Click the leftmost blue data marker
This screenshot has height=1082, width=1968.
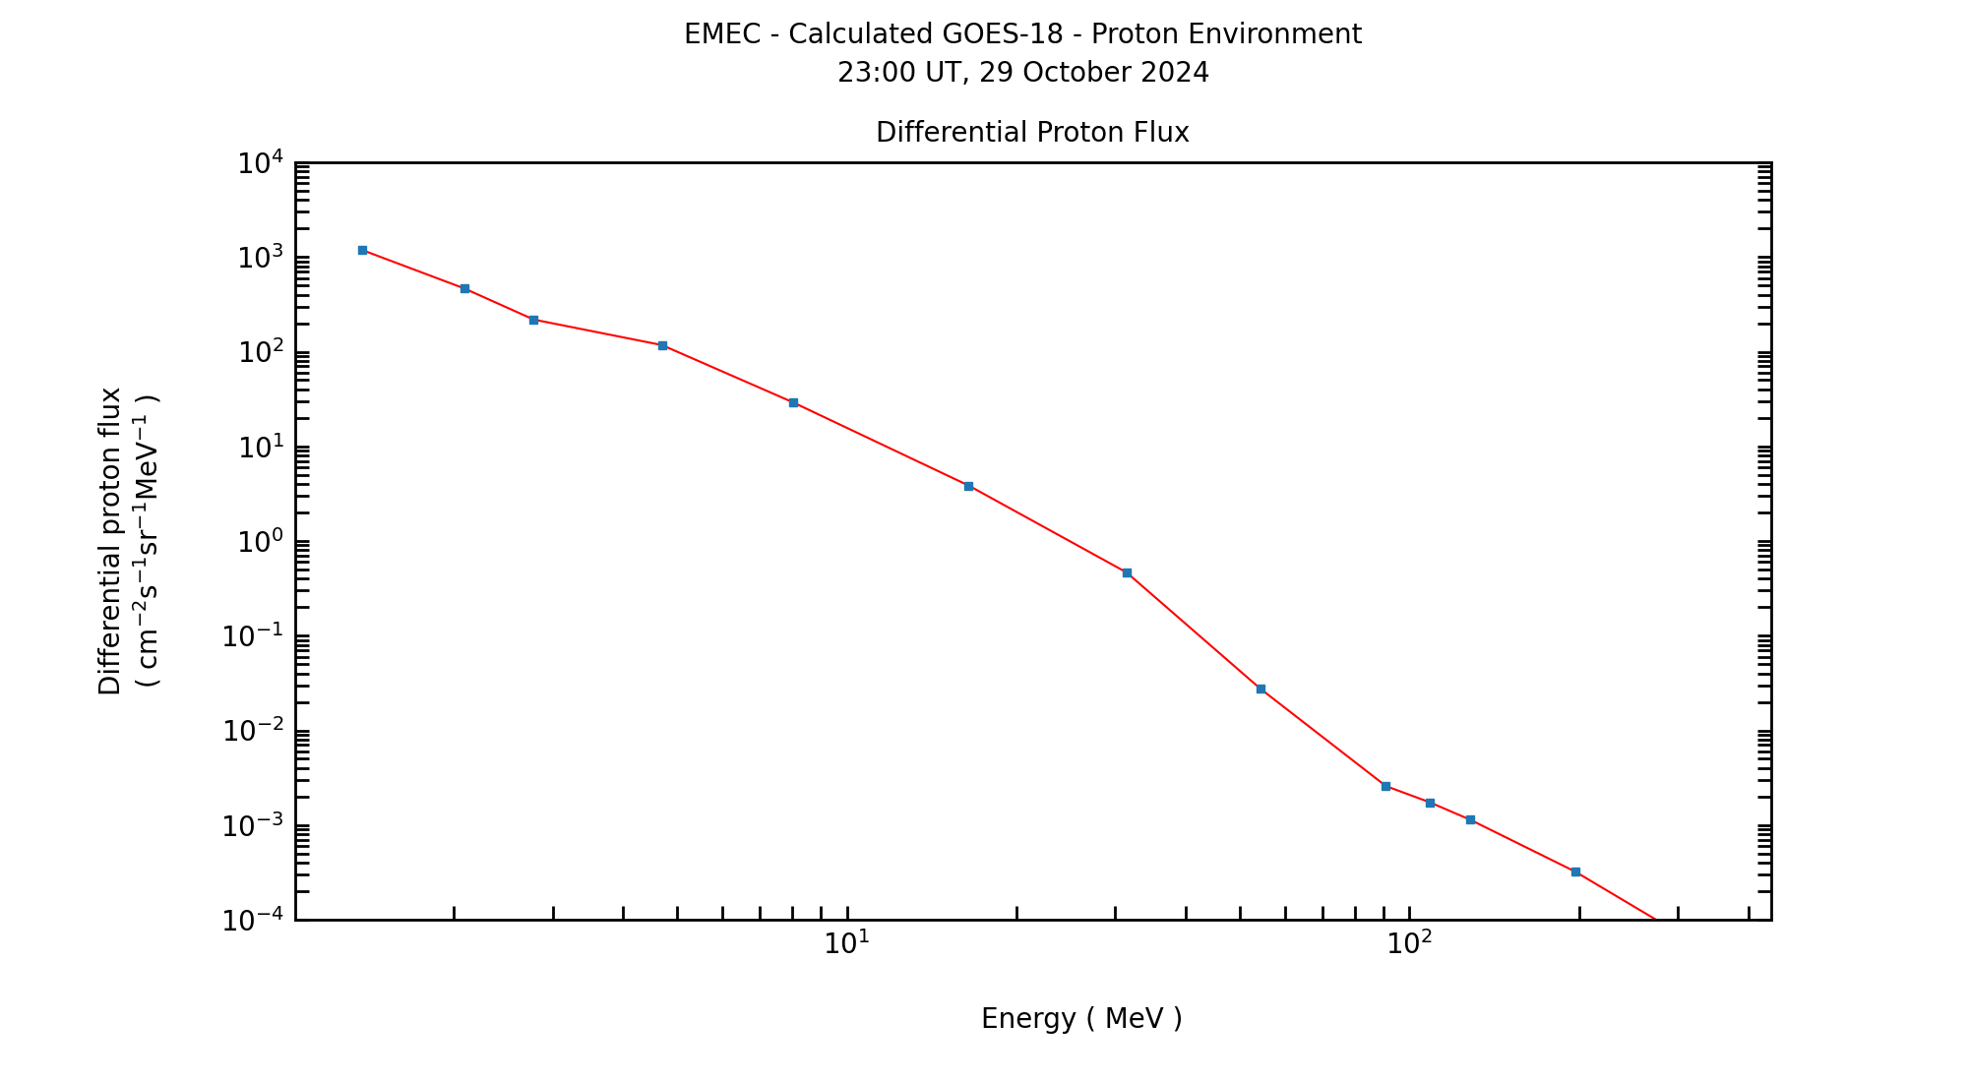click(362, 250)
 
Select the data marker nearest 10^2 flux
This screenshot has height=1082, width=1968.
click(662, 345)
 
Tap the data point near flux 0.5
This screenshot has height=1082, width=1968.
click(1127, 572)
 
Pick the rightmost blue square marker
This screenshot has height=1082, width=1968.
click(1575, 872)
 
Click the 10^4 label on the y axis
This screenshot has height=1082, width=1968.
click(261, 163)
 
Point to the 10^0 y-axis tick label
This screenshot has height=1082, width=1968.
click(261, 542)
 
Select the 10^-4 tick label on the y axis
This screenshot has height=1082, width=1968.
click(253, 921)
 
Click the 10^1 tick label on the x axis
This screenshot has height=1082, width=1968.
click(846, 943)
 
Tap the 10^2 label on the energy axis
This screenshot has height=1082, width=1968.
click(1409, 943)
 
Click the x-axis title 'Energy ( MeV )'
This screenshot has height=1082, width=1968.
click(1081, 1019)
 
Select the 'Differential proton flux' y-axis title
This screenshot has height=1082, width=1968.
click(110, 541)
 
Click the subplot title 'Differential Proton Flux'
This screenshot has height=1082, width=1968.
click(1032, 133)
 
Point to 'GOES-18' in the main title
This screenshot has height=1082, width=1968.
click(1003, 34)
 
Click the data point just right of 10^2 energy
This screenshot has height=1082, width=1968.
click(1430, 803)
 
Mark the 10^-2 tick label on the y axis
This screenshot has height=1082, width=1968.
click(253, 732)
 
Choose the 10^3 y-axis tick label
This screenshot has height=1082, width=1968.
click(261, 258)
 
